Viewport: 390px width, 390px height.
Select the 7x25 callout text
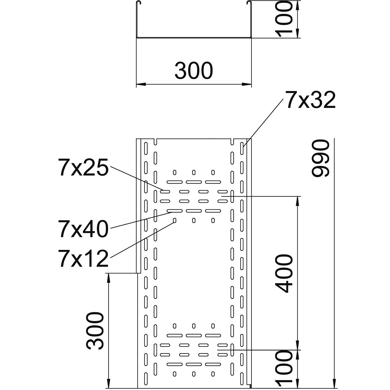[83, 168]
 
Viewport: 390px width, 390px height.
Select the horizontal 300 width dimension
[194, 70]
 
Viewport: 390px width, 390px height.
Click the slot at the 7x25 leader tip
[165, 192]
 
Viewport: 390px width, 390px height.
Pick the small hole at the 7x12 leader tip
[174, 221]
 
